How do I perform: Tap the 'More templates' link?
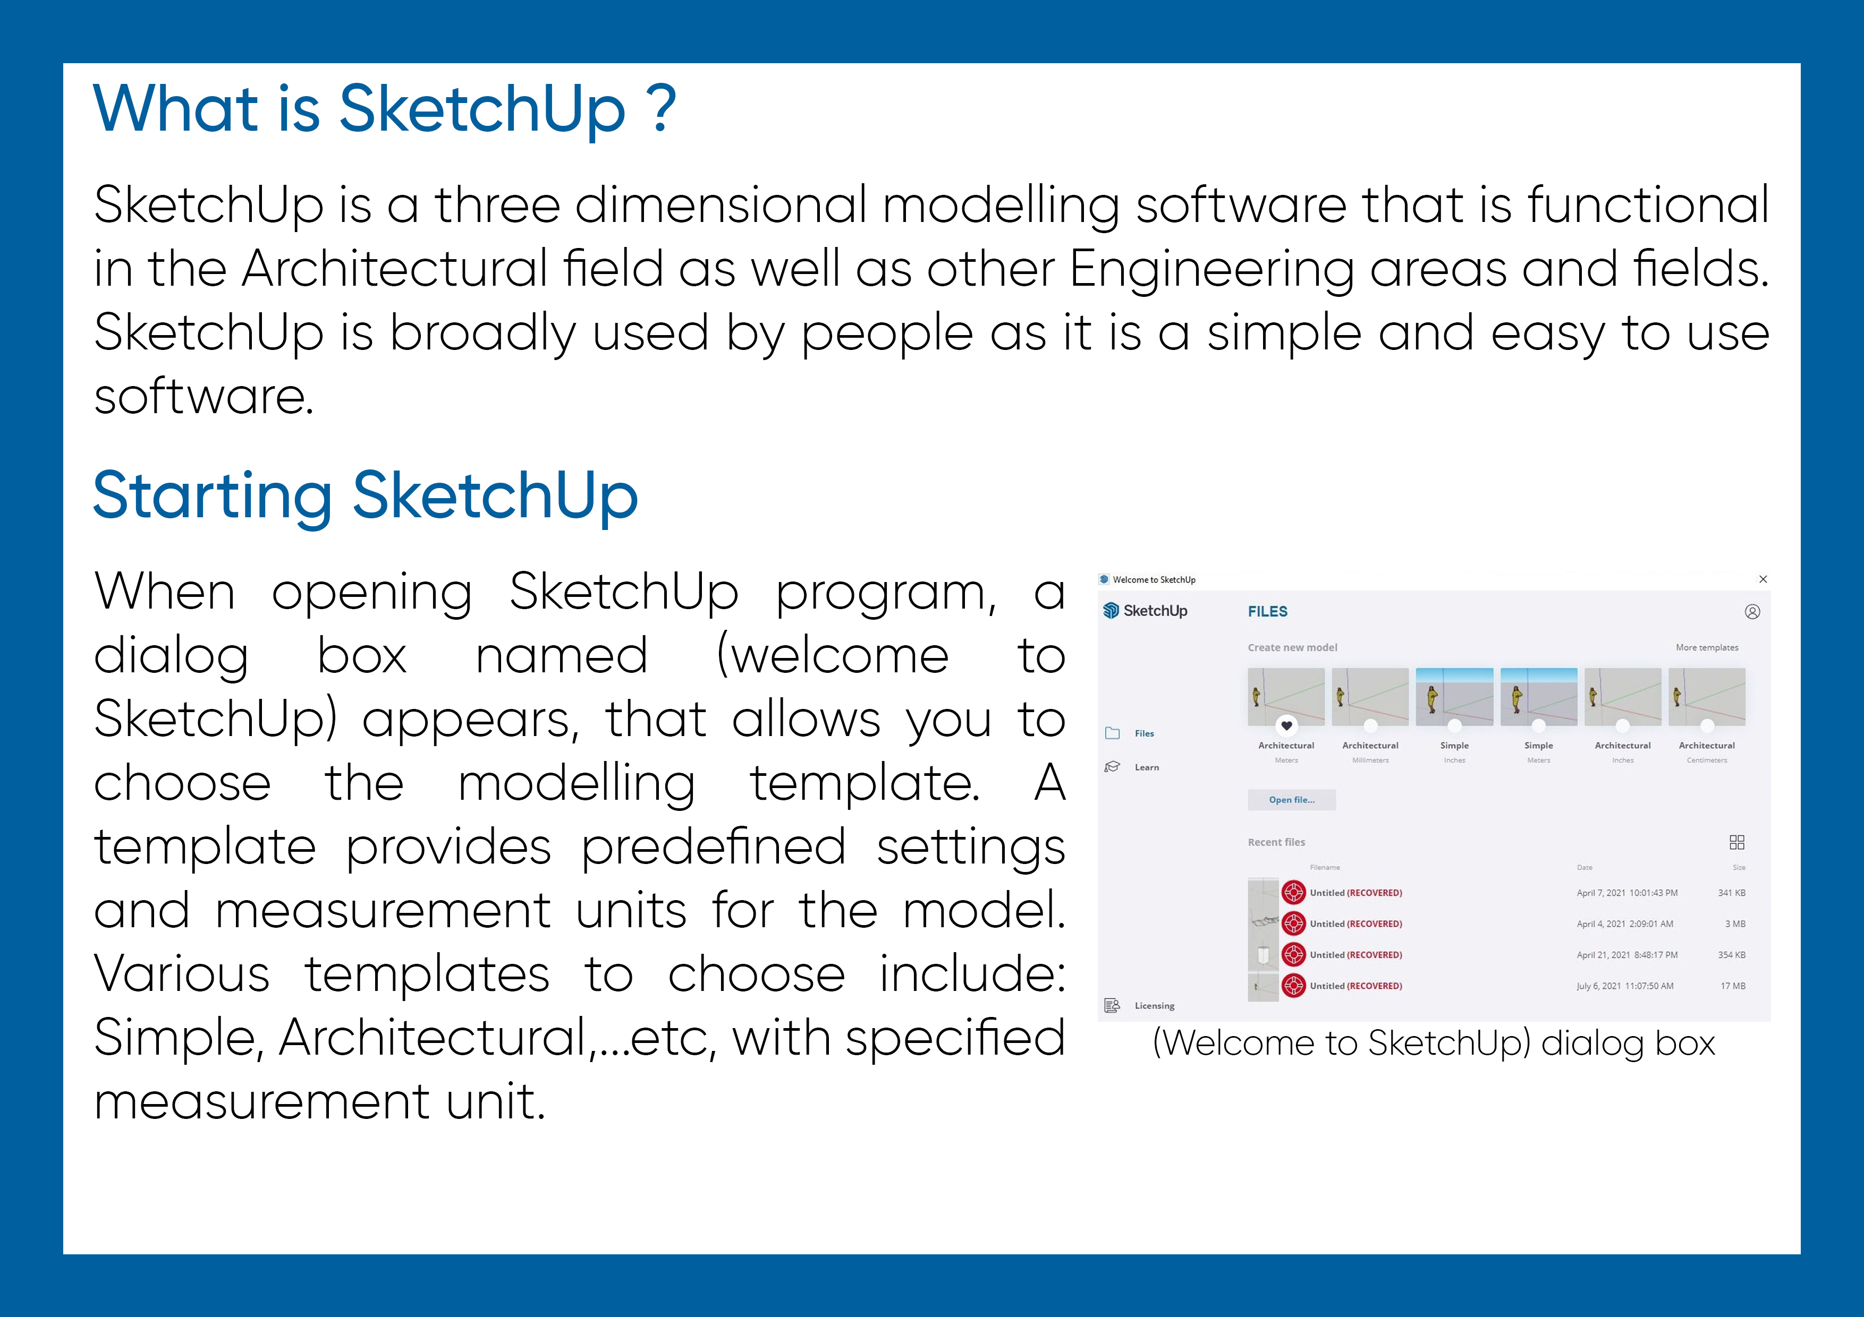pos(1707,647)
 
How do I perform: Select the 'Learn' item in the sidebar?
pos(1146,767)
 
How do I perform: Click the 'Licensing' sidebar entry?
pos(1154,1005)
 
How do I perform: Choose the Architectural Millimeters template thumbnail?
pos(1370,696)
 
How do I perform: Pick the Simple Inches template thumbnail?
pos(1454,696)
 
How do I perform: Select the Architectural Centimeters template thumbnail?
pos(1707,696)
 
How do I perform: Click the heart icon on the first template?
pos(1286,725)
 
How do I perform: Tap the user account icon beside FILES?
pos(1752,612)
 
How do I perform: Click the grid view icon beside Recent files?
pos(1736,842)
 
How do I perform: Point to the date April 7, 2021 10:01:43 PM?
pos(1626,893)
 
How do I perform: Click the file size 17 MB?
pos(1732,986)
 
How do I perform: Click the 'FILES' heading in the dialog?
pos(1267,612)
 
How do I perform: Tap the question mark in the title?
pos(662,109)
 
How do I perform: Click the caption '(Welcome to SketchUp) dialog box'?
pos(1433,1044)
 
